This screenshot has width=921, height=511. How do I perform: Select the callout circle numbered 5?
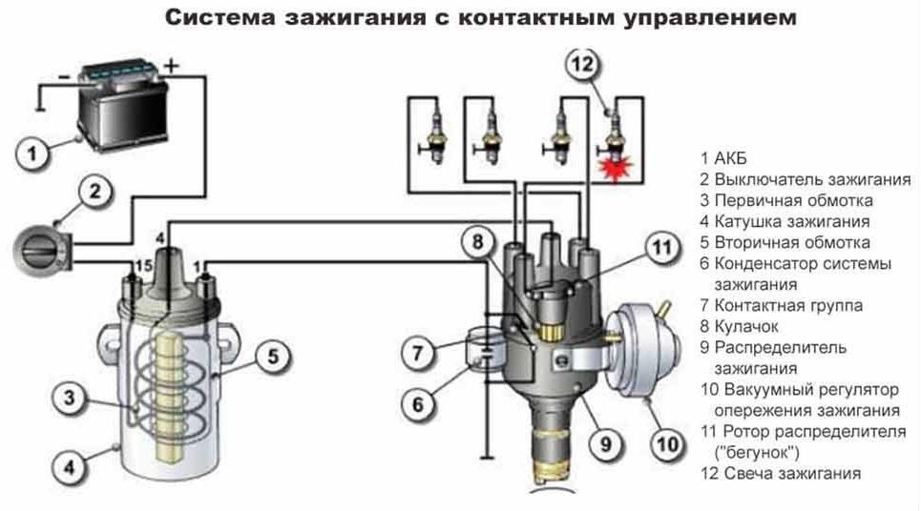pos(272,358)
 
